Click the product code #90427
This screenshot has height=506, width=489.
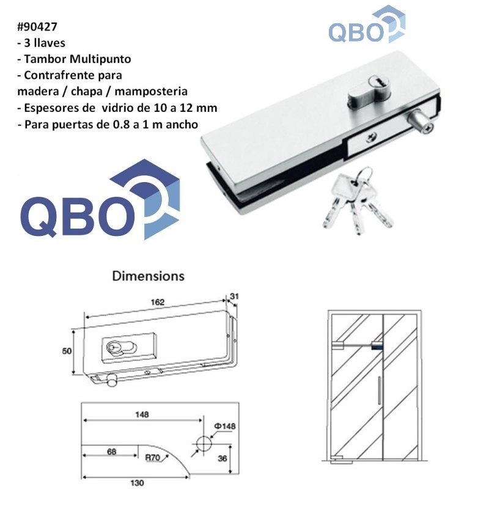click(x=37, y=26)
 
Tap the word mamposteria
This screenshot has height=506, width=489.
click(x=151, y=91)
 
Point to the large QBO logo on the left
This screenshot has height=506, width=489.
click(x=100, y=199)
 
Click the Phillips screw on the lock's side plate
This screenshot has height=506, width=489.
click(x=372, y=138)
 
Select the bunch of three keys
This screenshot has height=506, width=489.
click(x=358, y=200)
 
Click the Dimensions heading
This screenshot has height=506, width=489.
click(x=148, y=276)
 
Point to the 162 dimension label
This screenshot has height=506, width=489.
click(x=158, y=302)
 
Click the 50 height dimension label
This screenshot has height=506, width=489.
click(x=67, y=351)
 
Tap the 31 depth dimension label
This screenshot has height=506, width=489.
click(x=234, y=296)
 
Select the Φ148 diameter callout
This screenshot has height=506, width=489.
click(x=225, y=426)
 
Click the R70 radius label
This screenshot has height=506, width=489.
click(x=153, y=458)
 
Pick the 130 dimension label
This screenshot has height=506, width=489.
click(x=137, y=483)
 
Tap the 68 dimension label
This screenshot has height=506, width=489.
click(x=111, y=452)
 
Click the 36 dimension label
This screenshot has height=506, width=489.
click(x=222, y=458)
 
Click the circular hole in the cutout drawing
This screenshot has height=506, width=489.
click(x=204, y=444)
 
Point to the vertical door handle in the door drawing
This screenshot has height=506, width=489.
click(x=379, y=389)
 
